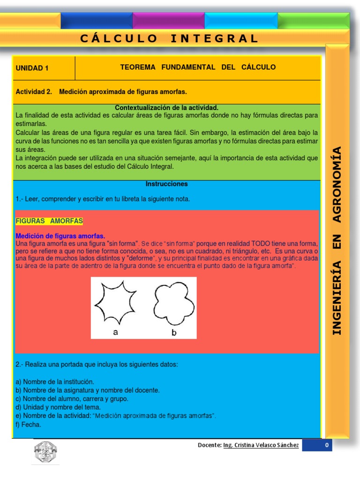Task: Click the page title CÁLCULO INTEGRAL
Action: pos(169,38)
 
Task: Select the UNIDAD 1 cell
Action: pos(32,68)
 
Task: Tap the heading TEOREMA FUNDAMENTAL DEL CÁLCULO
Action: pos(198,67)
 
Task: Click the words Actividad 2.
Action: pos(34,91)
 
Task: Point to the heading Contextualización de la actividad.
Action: pos(166,108)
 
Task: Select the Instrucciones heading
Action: pos(166,184)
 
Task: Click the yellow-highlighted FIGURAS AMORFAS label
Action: pos(49,221)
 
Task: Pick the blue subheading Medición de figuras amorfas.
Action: pos(60,236)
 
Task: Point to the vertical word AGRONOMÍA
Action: pos(337,184)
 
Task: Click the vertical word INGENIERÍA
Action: pos(337,298)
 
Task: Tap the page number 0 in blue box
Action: pos(326,445)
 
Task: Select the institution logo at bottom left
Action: pos(45,453)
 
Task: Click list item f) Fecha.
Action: pos(28,425)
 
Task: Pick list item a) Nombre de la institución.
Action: pos(55,382)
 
